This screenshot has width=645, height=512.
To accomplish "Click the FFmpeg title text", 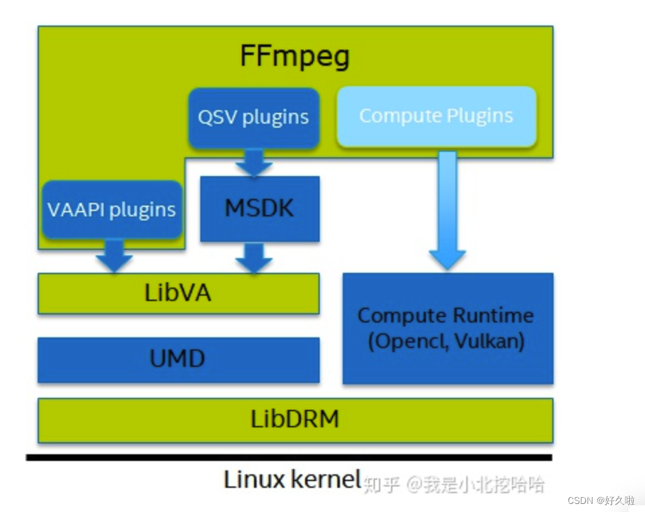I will [x=295, y=57].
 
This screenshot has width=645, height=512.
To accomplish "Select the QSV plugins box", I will [x=253, y=117].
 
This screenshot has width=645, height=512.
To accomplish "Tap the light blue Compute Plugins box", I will [x=436, y=116].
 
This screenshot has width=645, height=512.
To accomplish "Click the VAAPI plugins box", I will [x=112, y=210].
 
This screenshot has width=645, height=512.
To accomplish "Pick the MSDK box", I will [x=259, y=208].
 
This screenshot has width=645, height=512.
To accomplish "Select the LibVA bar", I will [x=178, y=294].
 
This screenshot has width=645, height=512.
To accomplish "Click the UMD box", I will [x=178, y=359].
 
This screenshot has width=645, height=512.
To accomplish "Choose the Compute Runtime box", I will [x=447, y=328].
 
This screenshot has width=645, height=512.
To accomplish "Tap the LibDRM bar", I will [x=295, y=420].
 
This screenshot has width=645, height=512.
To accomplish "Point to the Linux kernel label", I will [x=292, y=480].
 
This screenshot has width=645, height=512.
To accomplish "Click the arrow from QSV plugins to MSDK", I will [x=254, y=163].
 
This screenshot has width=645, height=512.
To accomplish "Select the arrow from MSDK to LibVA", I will [x=254, y=258].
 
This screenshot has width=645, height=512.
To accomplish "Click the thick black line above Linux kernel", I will [x=289, y=458].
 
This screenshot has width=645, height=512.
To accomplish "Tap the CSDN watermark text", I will [x=601, y=501].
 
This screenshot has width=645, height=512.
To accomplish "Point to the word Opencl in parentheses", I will [x=410, y=341].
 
